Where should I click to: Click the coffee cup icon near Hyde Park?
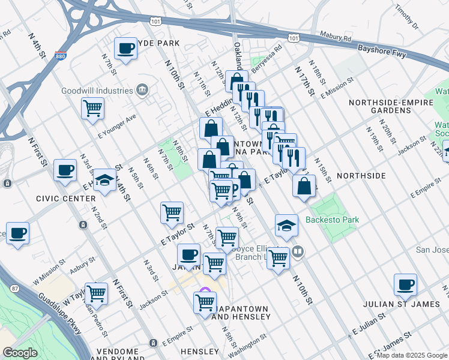[126, 48]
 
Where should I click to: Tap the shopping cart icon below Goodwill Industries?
[93, 109]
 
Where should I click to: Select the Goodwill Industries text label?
[97, 91]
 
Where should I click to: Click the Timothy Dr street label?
[406, 18]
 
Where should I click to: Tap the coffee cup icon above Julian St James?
[406, 284]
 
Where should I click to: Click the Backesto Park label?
[332, 220]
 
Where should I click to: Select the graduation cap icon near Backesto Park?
[287, 226]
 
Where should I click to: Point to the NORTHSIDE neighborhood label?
[361, 175]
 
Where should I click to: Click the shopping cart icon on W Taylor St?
[96, 293]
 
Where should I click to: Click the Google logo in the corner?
[20, 353]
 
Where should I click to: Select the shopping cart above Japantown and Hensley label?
[205, 302]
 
